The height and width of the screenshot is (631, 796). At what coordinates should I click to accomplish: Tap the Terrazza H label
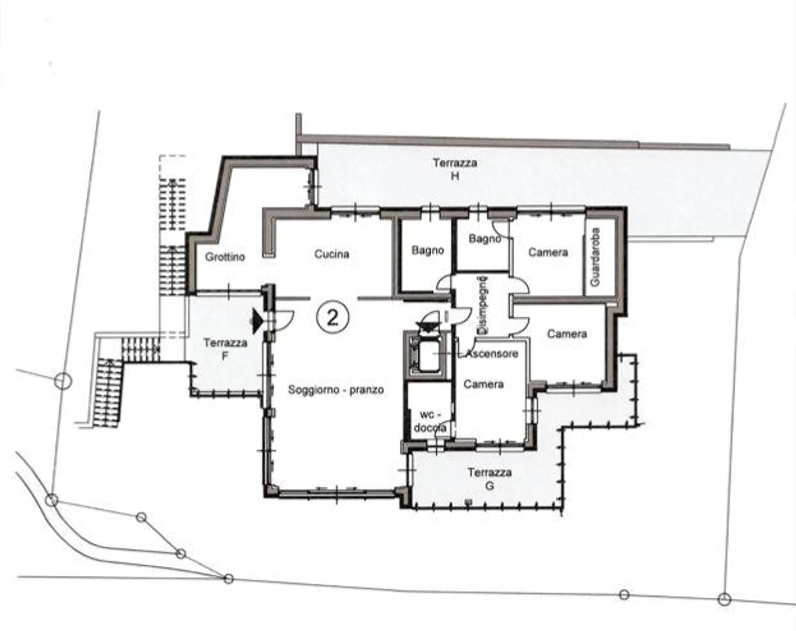point(454,169)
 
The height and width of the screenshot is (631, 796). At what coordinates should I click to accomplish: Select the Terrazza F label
point(225,349)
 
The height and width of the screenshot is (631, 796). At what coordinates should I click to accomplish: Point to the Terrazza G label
point(489,479)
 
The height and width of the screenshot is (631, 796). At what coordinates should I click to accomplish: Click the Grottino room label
point(224,257)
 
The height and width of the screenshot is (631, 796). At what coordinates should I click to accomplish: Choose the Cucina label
point(332,254)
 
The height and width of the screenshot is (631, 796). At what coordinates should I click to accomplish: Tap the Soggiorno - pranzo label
point(336,390)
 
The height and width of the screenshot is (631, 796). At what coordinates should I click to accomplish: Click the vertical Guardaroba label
point(595,257)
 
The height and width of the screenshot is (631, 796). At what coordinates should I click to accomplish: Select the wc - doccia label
point(430,421)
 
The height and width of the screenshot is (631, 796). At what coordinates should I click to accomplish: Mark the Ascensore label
point(492,354)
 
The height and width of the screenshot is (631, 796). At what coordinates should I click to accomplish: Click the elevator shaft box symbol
point(426,354)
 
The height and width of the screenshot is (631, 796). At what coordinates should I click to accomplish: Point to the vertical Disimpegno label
point(483,304)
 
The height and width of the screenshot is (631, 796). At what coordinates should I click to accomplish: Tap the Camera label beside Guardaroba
point(548,253)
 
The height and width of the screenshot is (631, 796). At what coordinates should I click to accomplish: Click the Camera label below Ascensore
point(483,384)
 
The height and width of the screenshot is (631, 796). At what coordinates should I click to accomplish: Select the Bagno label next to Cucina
point(427,251)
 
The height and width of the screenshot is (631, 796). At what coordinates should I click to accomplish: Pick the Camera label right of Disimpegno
point(567,334)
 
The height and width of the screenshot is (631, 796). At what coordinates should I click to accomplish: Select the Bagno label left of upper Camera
point(484,239)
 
